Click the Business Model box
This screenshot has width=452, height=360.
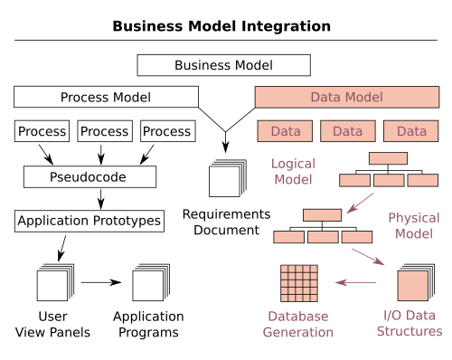pos(223,65)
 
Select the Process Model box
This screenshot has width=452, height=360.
pos(106,97)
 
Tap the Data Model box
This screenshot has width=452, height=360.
pos(346,97)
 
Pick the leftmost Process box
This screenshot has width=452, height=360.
pos(42,131)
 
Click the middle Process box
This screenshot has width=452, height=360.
pos(105,131)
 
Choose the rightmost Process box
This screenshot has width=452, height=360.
pos(167,131)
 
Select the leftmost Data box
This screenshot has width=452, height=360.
pos(285,131)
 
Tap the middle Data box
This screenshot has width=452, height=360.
pos(347,131)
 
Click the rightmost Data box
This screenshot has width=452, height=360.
pos(410,131)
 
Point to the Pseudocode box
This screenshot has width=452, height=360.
pos(89,176)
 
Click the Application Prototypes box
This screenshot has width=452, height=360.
pos(89,221)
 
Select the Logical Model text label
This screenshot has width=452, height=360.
pos(292,172)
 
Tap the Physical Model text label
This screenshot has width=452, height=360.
pos(413,226)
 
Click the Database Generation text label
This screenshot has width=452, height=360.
pos(298,324)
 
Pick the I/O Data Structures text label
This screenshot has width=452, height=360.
pos(410,324)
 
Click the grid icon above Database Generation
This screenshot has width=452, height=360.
pos(298,283)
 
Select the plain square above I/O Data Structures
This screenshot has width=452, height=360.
pos(412,285)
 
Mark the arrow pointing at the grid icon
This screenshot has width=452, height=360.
pos(355,283)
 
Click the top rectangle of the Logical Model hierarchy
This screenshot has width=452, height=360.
pos(388,158)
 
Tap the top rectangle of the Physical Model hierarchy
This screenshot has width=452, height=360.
pos(322,215)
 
